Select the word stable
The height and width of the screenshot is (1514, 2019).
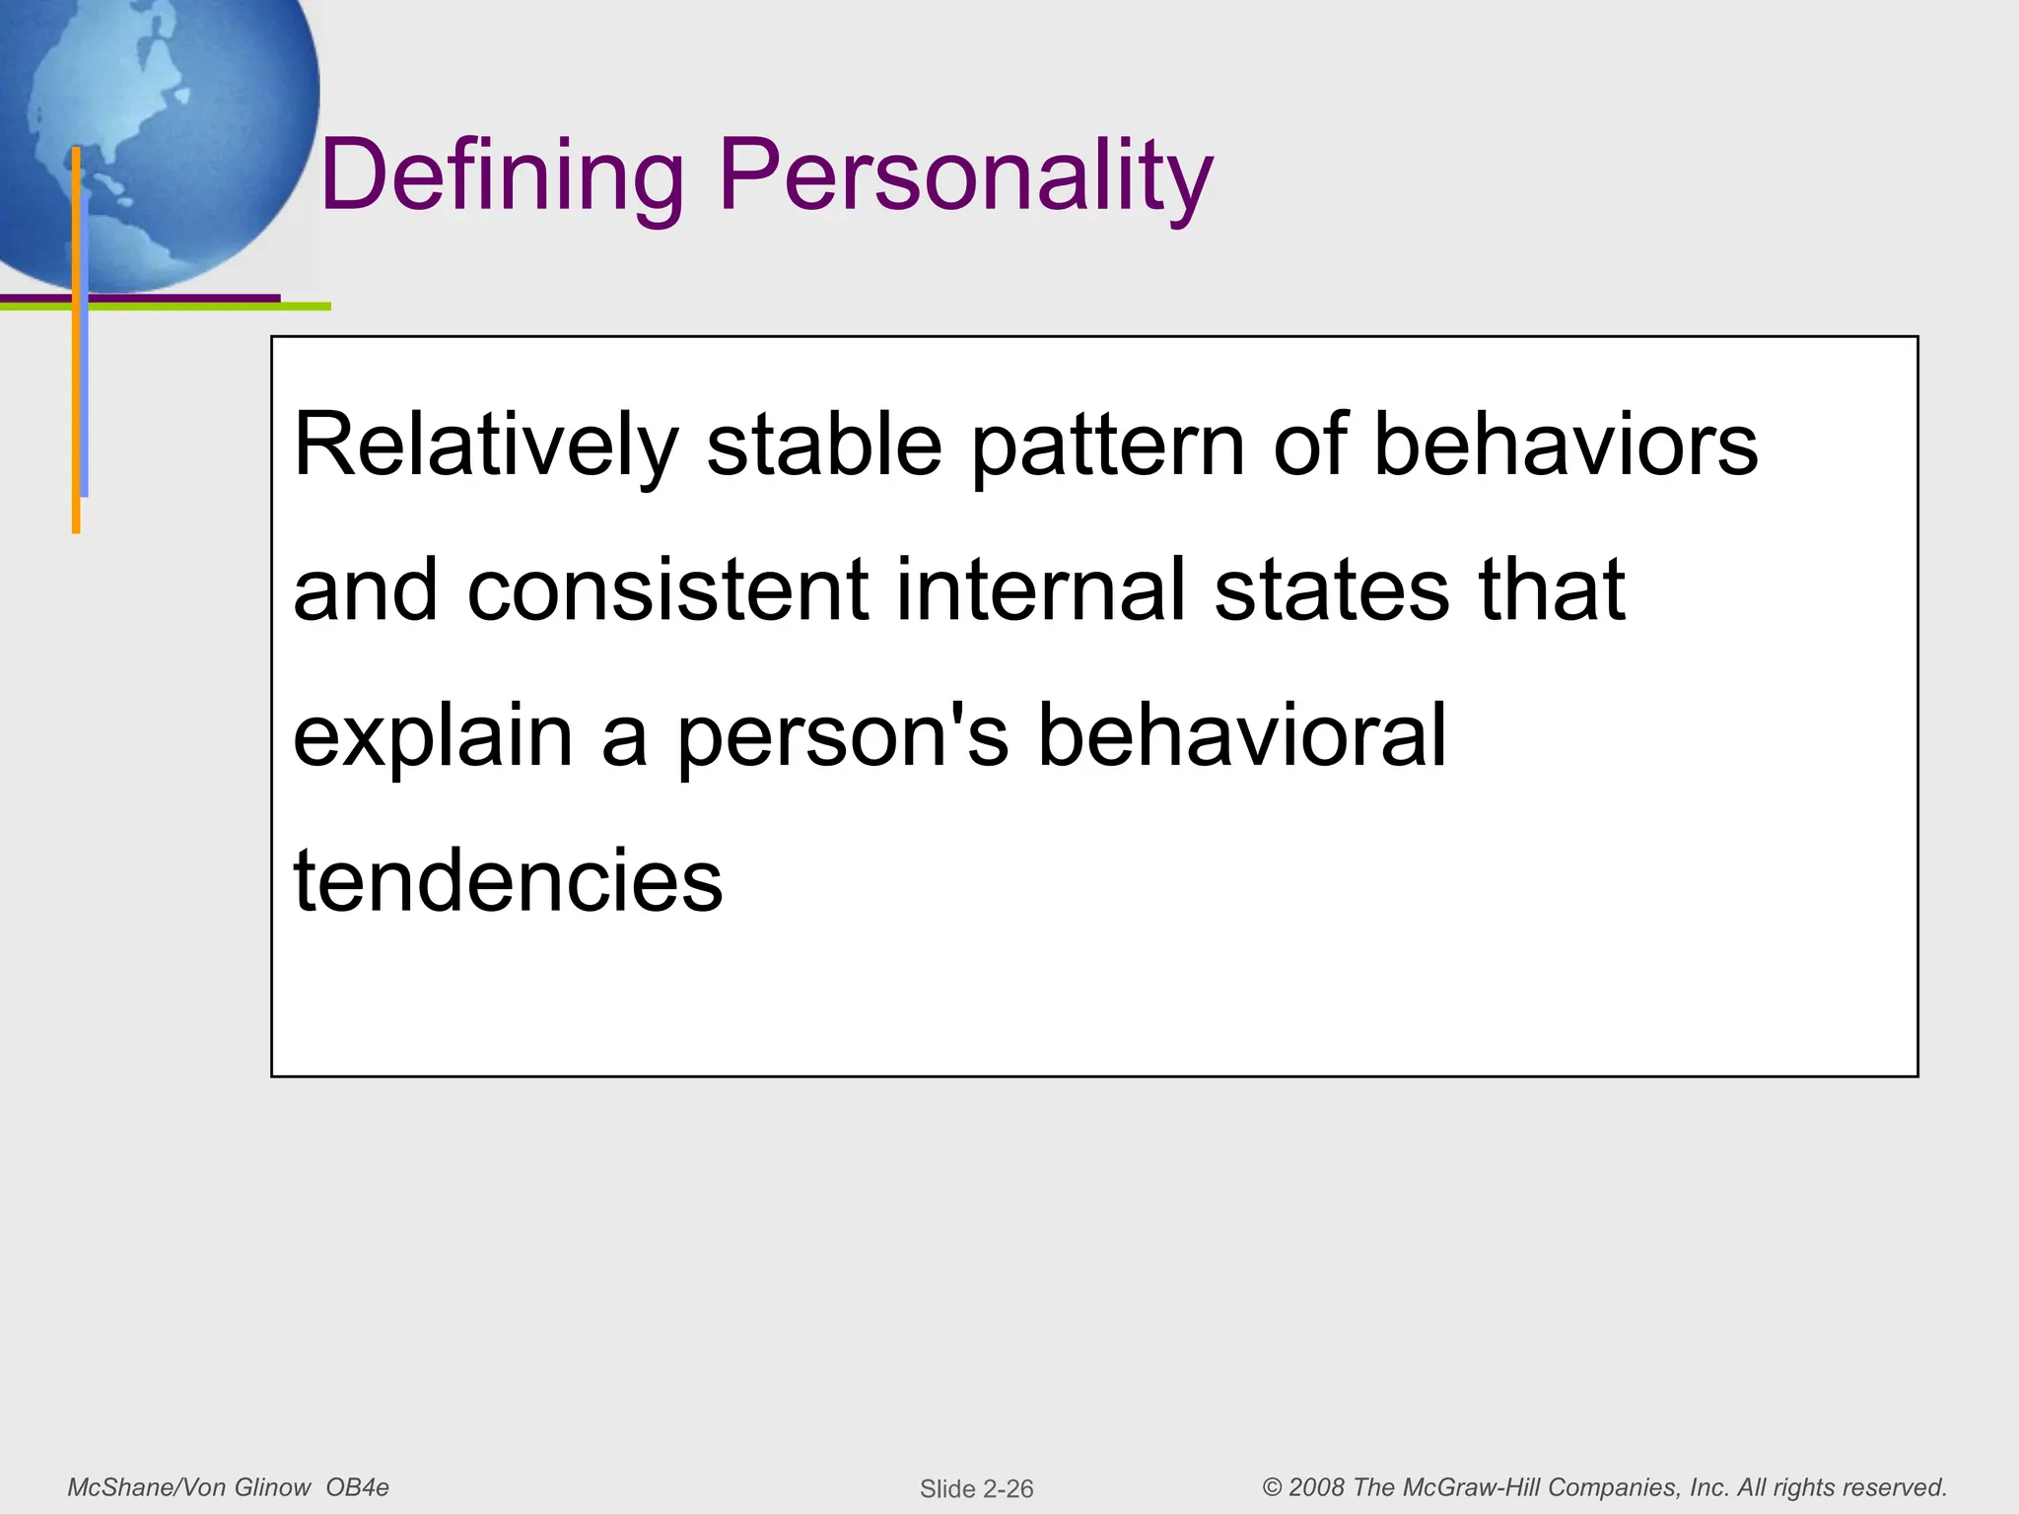point(824,446)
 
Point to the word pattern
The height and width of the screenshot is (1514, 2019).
point(1108,446)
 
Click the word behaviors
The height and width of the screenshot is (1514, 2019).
point(1566,446)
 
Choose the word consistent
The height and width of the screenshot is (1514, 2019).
point(668,590)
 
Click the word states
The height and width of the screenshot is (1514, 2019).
point(1332,590)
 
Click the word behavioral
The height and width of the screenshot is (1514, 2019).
point(1242,736)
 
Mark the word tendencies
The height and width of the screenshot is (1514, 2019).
point(508,880)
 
